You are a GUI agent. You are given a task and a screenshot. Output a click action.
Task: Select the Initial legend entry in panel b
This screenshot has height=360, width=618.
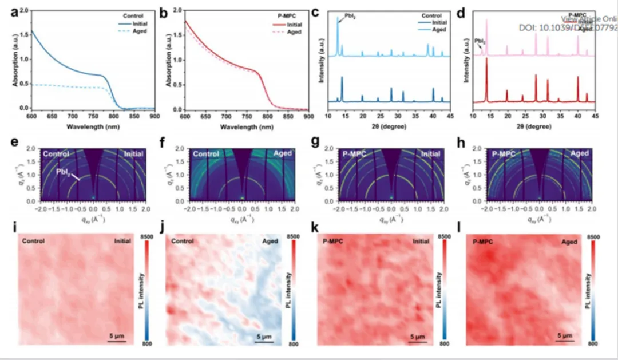coord(294,25)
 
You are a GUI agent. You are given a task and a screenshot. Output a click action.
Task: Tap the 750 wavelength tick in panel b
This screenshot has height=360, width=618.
coord(247,116)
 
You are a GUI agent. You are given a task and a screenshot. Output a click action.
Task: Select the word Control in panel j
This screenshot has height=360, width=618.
coord(183,242)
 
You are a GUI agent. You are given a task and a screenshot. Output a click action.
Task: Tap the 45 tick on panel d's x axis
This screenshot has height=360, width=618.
coord(595,116)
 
